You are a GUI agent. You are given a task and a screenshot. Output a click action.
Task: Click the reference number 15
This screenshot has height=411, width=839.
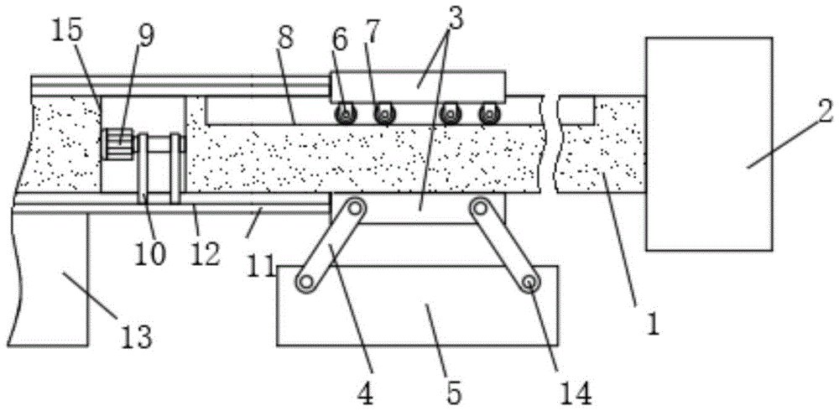[x=67, y=32]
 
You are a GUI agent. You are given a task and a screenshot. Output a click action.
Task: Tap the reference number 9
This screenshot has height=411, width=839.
[x=146, y=36]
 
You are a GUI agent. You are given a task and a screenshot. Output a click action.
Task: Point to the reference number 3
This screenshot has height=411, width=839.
[x=456, y=18]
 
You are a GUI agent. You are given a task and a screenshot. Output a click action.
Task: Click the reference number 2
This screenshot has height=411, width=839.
[x=825, y=112]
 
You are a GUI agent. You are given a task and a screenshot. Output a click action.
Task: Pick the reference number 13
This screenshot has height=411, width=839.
[x=136, y=337]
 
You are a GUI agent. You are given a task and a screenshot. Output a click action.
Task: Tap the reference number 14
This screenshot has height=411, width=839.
[x=576, y=394]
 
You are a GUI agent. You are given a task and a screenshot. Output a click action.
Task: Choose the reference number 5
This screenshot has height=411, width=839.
[x=453, y=394]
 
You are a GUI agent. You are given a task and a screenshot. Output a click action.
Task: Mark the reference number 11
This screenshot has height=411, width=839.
[x=261, y=266]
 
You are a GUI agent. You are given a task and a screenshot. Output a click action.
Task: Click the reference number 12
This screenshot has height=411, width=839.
[x=205, y=253]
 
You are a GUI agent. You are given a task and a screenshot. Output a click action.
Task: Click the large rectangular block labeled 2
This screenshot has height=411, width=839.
[x=709, y=143]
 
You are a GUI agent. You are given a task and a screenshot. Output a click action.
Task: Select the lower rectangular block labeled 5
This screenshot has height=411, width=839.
[x=417, y=305]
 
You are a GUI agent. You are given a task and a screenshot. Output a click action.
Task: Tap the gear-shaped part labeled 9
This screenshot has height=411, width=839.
[x=120, y=143]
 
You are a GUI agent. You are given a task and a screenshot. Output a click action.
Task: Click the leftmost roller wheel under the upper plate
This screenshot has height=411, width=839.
[x=346, y=114]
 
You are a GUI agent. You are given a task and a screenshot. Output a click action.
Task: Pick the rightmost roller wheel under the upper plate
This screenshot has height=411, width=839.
[x=488, y=114]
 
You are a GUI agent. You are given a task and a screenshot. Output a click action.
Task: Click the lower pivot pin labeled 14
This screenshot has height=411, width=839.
[x=529, y=281]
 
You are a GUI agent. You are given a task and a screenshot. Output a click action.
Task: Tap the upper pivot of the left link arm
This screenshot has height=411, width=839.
[x=355, y=207]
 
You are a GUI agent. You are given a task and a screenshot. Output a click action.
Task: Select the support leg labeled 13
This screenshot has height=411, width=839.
[x=48, y=278]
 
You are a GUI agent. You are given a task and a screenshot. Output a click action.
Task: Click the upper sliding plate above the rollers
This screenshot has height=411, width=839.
[x=417, y=86]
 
